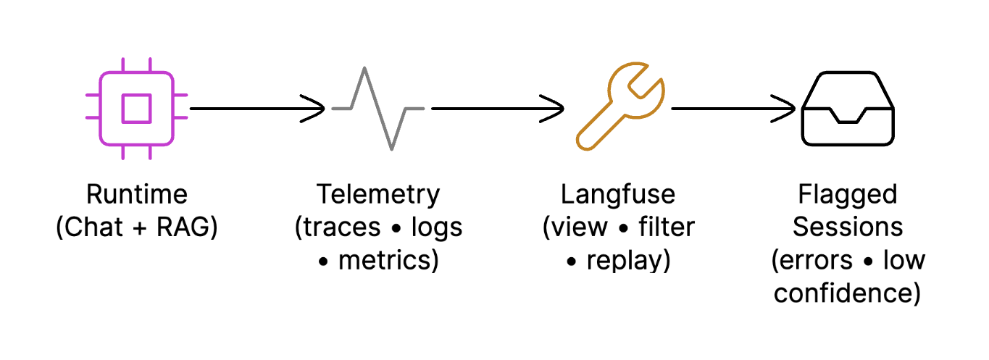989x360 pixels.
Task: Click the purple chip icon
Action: tap(136, 109)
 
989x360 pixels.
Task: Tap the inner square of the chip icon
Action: tap(136, 109)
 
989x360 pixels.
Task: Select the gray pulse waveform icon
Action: tap(377, 109)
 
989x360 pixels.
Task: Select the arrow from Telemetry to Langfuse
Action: tap(496, 109)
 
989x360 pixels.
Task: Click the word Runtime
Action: tap(136, 195)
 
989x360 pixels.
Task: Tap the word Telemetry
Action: tap(377, 195)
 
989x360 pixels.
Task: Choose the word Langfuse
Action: tap(618, 195)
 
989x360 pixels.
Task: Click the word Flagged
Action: tap(848, 195)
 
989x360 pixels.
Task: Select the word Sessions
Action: tap(848, 227)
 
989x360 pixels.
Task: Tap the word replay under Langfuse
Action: tap(627, 260)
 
